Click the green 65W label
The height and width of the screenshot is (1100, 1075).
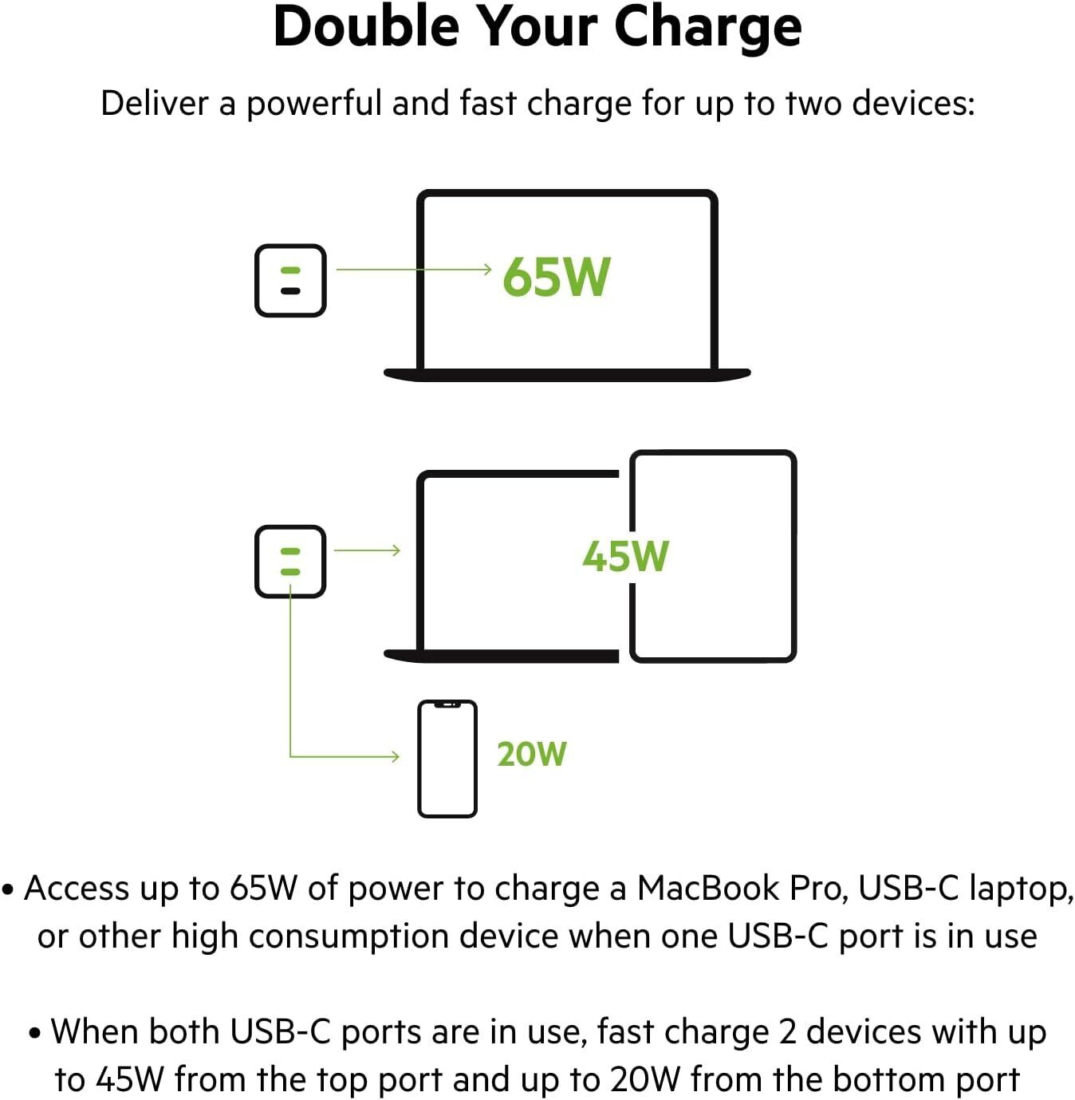point(556,277)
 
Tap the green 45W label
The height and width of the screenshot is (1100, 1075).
point(625,556)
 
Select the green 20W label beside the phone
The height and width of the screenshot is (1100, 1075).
point(531,754)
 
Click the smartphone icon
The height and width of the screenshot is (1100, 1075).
point(447,759)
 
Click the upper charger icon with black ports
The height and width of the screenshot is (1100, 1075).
point(290,281)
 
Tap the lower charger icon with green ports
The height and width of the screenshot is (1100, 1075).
point(290,561)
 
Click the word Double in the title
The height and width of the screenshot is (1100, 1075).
point(366,27)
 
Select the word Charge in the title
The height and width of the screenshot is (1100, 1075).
point(707,27)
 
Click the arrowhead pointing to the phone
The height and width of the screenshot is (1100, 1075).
point(396,756)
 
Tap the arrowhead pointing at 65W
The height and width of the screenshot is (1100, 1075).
point(487,270)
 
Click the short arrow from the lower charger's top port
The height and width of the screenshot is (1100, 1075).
point(367,550)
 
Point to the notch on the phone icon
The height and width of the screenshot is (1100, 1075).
point(447,704)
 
